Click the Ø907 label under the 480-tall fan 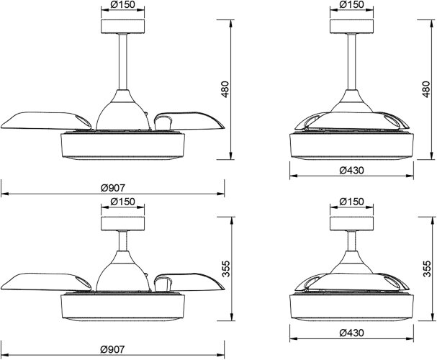point(113,188)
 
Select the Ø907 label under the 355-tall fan point(113,349)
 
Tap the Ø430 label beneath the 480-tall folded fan point(352,170)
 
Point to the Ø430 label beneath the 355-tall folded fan point(352,333)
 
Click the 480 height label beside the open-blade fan point(225,89)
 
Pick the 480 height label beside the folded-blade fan point(426,89)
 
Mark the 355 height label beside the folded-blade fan point(426,269)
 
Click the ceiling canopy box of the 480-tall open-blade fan point(123,27)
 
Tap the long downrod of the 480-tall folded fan point(352,62)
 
